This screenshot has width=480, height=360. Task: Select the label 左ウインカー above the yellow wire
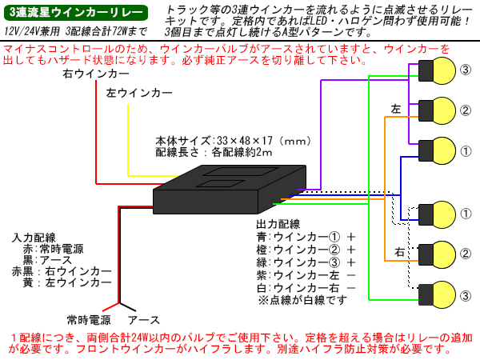139,94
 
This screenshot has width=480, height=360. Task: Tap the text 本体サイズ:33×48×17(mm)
232,140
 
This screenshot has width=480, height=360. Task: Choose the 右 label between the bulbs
398,253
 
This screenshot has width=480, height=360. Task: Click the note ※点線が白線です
303,301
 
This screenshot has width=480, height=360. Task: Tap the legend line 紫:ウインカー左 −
305,275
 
